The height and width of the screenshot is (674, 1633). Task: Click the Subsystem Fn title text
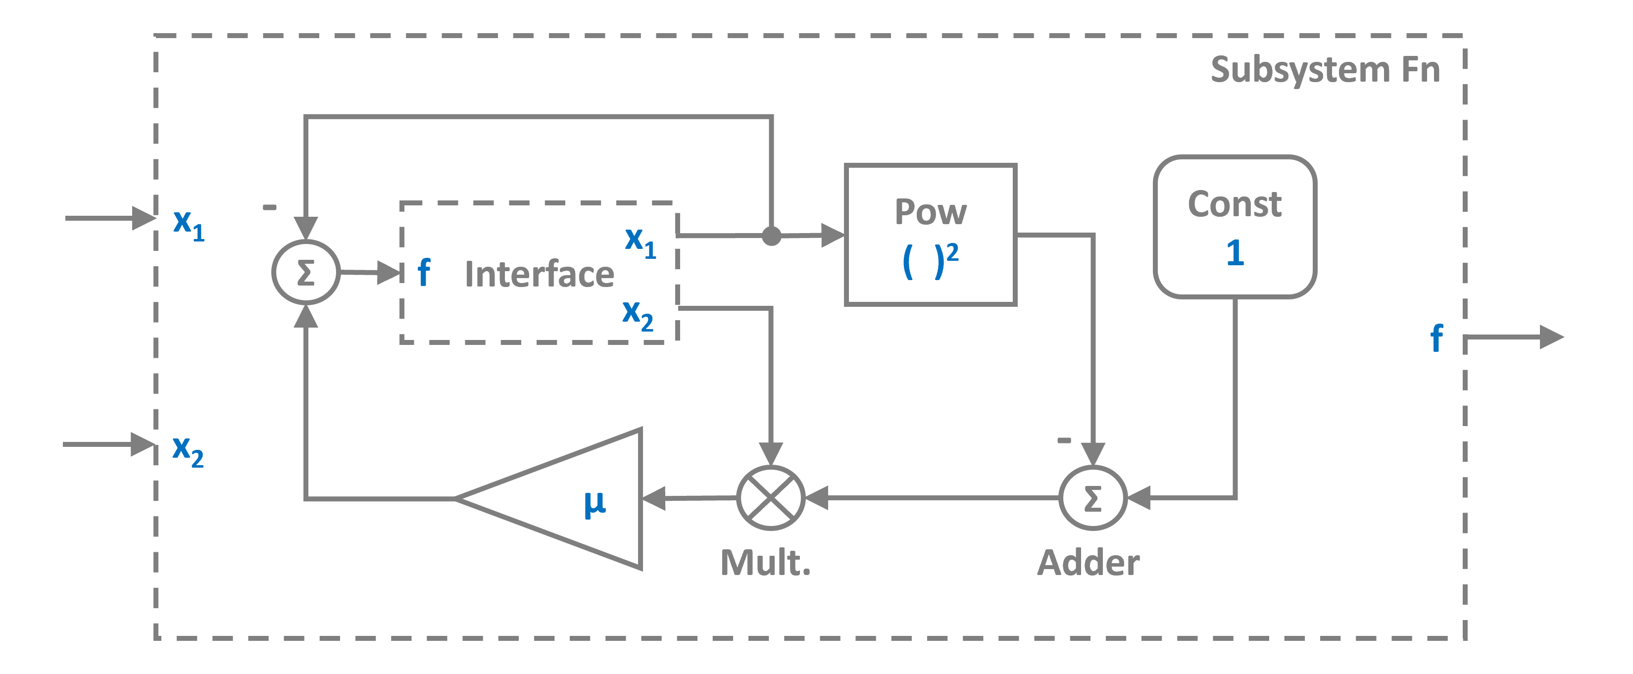pos(1325,70)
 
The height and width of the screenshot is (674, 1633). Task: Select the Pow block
pos(931,235)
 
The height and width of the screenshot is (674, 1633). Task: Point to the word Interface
pos(540,274)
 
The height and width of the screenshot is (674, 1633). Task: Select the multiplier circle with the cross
pos(771,498)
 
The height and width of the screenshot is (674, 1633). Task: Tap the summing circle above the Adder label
pos(1093,498)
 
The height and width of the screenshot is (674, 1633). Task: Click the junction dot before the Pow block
pos(771,236)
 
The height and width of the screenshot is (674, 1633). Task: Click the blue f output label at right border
pos(1436,338)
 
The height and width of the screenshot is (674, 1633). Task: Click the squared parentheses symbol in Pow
pos(929,261)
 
